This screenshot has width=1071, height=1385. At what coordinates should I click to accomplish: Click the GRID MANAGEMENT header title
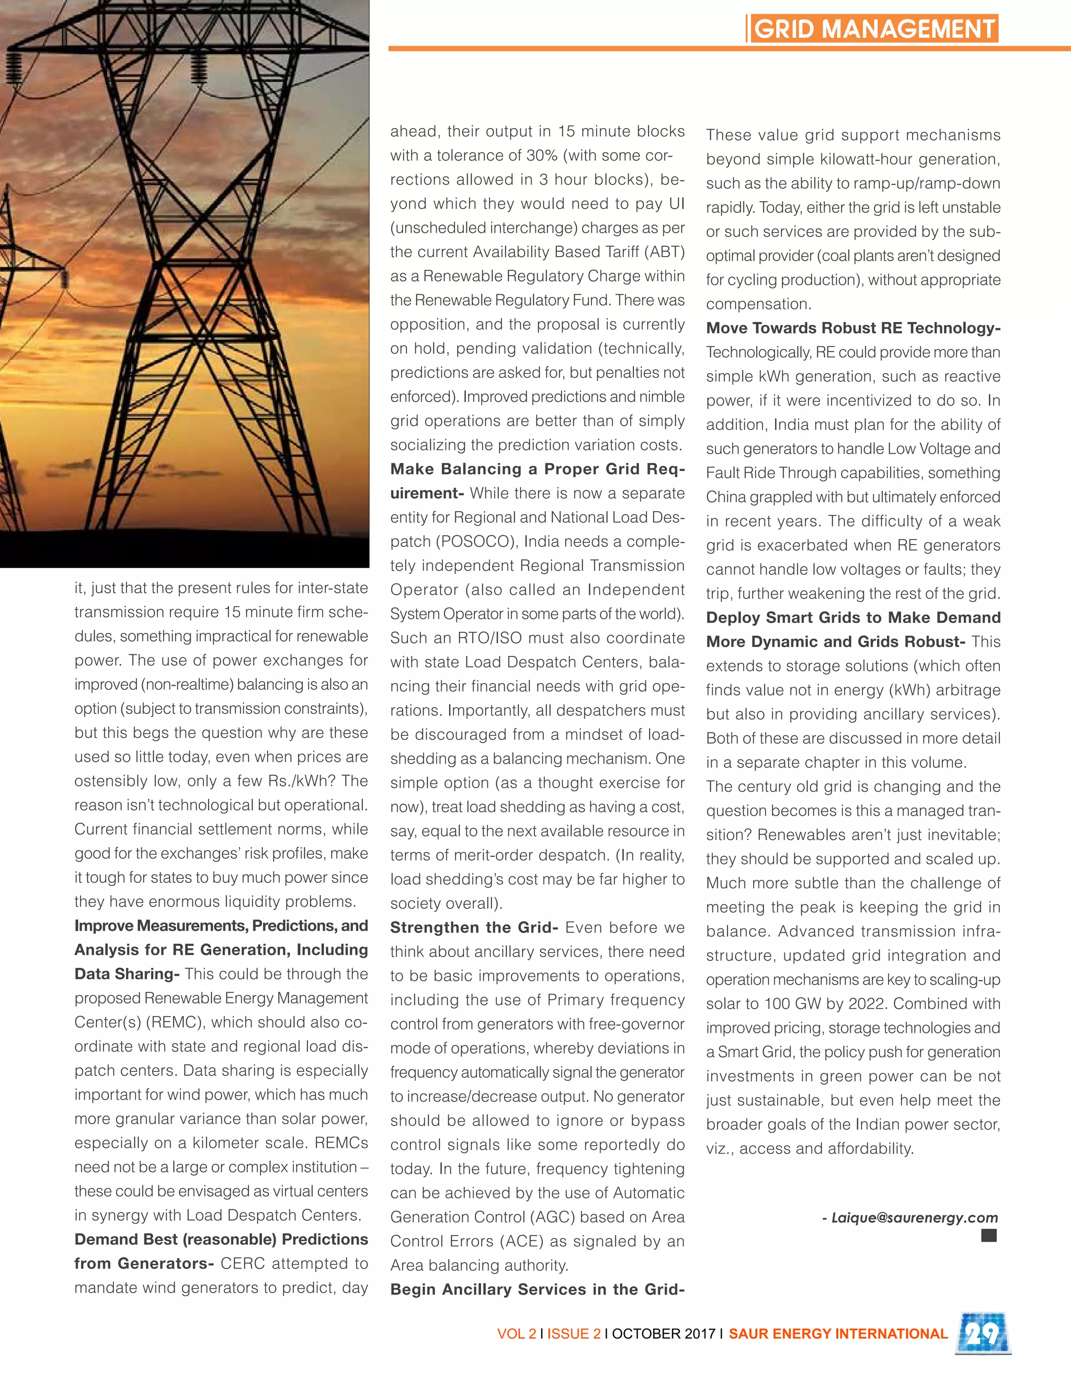[x=874, y=29]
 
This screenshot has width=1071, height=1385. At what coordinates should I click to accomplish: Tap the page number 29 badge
[x=982, y=1333]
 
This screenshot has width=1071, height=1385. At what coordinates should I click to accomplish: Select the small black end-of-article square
[x=988, y=1234]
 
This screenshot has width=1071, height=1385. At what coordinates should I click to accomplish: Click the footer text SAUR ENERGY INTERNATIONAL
[x=838, y=1334]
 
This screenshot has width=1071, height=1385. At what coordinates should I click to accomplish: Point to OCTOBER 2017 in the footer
[x=663, y=1334]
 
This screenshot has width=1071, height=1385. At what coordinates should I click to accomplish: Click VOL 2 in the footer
[x=517, y=1334]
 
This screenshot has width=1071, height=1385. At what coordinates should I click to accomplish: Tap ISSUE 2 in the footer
[x=574, y=1334]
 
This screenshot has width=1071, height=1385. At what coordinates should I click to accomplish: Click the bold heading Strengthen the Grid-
[x=474, y=927]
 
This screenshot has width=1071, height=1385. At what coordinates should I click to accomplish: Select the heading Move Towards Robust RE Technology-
[x=853, y=328]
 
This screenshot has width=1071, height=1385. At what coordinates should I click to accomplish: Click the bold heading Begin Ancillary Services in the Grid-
[x=537, y=1289]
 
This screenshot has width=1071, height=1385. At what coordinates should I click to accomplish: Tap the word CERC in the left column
[x=242, y=1263]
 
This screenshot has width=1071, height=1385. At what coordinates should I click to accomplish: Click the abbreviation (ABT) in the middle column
[x=664, y=252]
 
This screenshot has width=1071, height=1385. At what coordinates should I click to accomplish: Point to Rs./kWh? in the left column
[x=302, y=781]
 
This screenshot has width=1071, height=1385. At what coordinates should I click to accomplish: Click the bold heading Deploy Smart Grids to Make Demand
[x=853, y=618]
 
